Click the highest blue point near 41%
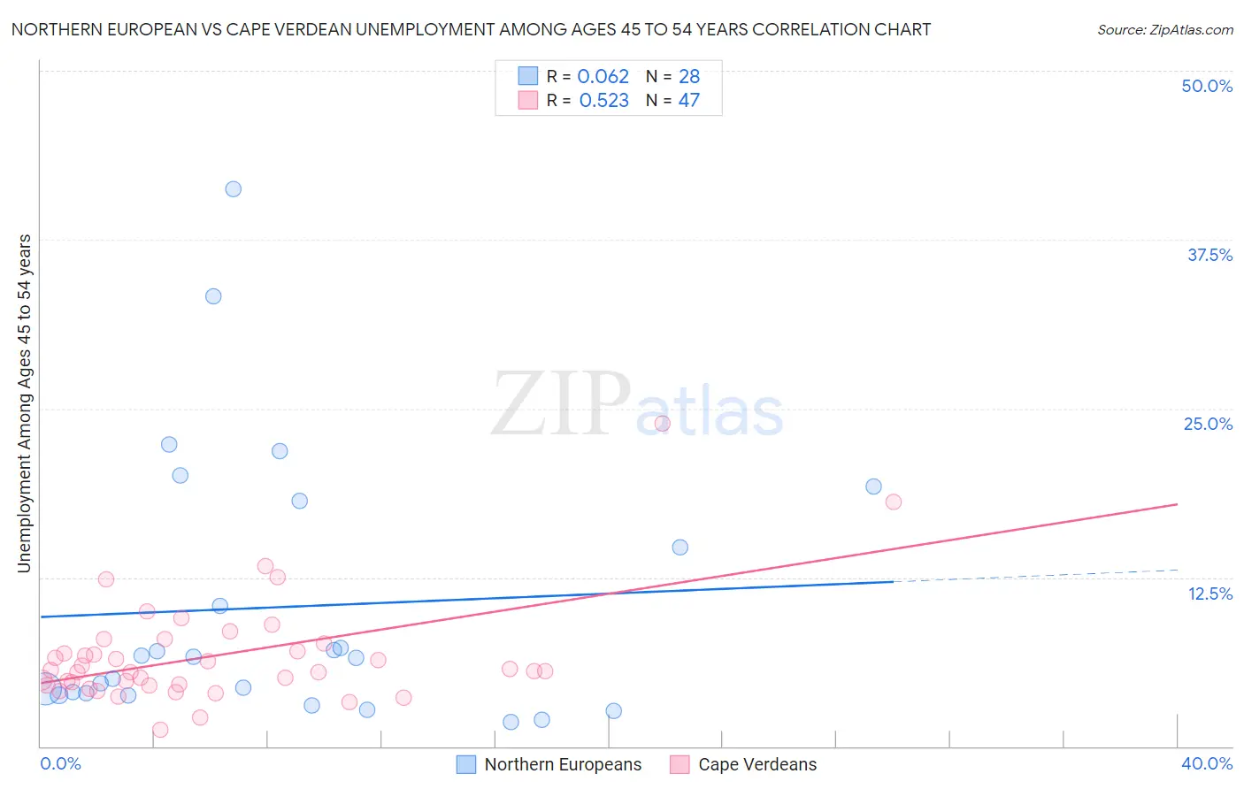tap(234, 188)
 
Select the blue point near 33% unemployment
tap(213, 296)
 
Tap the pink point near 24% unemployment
tap(662, 423)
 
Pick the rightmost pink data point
tap(894, 502)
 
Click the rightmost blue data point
tap(873, 486)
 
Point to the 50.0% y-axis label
tap(1207, 86)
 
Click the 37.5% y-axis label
tap(1209, 255)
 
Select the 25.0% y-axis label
tap(1208, 424)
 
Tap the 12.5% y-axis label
tap(1209, 594)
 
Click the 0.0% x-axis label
tap(60, 763)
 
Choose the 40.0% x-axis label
tap(1207, 763)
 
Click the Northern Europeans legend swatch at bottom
tap(466, 764)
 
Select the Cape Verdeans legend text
tap(757, 764)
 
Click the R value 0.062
tap(603, 77)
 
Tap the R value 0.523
tap(603, 101)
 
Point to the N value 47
tap(689, 101)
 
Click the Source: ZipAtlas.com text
tap(1164, 30)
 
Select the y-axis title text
tap(25, 403)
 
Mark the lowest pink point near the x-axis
tap(160, 730)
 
